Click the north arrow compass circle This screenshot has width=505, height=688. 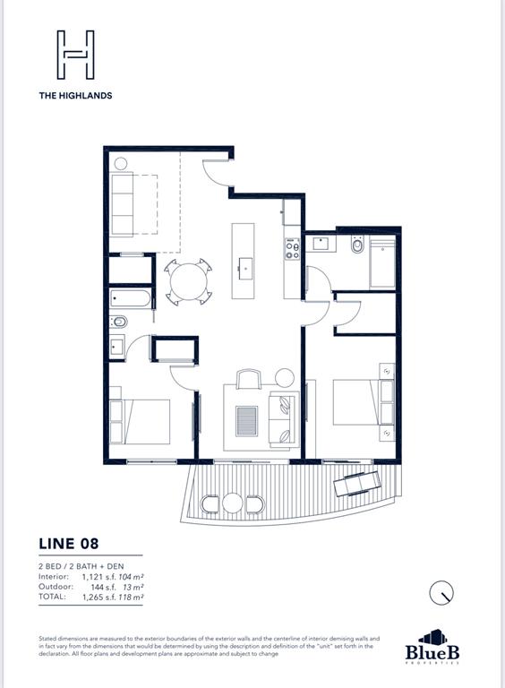point(441,592)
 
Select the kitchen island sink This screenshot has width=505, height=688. point(244,265)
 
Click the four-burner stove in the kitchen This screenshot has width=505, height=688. point(291,248)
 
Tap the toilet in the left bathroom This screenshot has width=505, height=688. point(119,322)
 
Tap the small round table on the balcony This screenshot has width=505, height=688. point(233,503)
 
